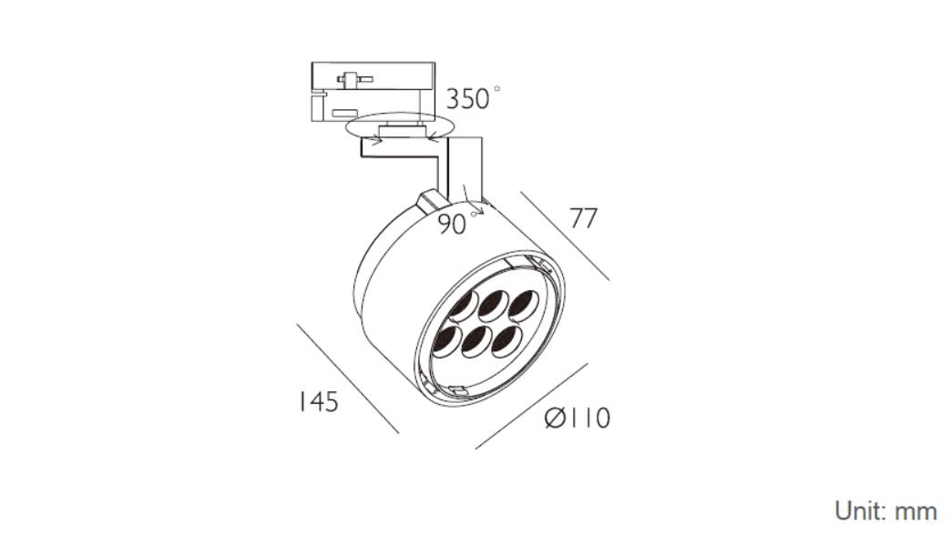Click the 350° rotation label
(x=474, y=98)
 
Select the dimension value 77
(x=584, y=217)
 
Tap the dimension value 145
(x=318, y=402)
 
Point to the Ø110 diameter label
(x=577, y=418)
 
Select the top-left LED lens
(x=465, y=307)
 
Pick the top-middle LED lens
(x=494, y=305)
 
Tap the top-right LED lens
(x=523, y=305)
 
